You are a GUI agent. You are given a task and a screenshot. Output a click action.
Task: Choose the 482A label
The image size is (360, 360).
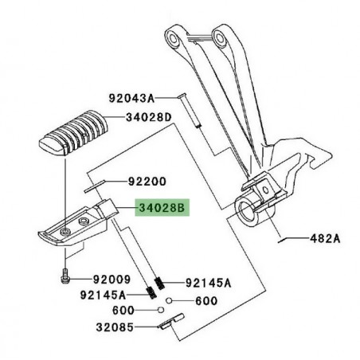324,238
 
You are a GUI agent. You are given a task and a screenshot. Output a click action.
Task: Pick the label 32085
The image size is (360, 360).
115,327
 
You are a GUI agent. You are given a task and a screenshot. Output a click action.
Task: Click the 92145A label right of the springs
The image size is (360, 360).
208,282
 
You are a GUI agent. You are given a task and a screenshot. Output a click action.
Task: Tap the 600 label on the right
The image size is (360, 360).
205,300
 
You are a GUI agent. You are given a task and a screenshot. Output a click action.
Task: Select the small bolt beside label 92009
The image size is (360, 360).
63,279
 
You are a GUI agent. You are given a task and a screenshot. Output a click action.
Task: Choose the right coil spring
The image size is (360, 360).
160,281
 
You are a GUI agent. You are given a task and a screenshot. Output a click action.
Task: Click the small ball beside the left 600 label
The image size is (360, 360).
162,310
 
